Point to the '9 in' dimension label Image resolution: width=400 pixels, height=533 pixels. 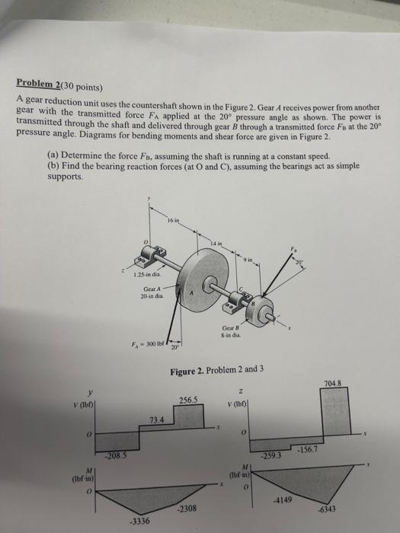pos(248,260)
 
